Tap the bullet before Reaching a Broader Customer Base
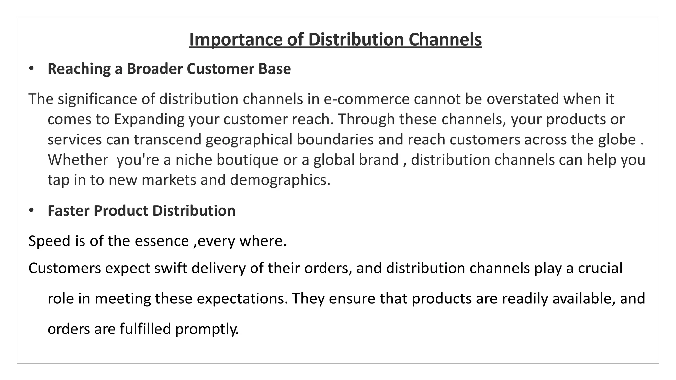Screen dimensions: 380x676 click(x=31, y=68)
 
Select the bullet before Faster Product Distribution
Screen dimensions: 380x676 click(x=31, y=210)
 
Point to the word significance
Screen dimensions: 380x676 click(x=98, y=99)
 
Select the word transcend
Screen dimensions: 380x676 click(x=167, y=140)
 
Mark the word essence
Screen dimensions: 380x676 click(x=162, y=241)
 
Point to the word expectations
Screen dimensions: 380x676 click(x=242, y=299)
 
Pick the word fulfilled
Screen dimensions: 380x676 click(x=145, y=329)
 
